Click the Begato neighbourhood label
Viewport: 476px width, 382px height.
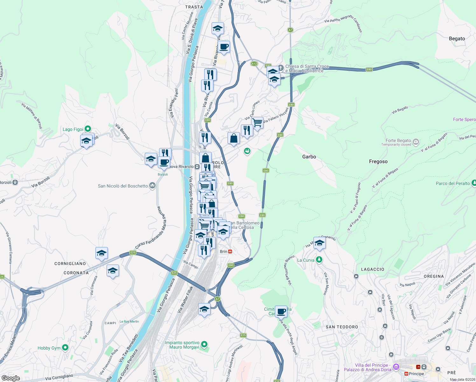pos(457,39)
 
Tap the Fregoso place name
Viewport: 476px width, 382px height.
pos(378,161)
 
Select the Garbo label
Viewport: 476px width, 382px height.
pos(309,157)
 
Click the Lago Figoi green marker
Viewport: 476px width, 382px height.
pos(88,129)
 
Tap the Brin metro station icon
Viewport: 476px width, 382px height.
pos(230,251)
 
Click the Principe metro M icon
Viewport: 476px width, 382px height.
pos(406,374)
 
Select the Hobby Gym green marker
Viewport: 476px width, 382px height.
pos(65,348)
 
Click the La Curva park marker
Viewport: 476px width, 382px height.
pos(319,260)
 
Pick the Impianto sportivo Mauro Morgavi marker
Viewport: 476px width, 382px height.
pos(204,344)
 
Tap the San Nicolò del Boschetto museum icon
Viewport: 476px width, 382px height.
pos(152,186)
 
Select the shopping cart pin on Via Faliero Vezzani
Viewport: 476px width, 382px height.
pos(257,122)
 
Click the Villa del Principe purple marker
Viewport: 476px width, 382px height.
pos(396,367)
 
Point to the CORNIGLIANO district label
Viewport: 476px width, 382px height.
pos(70,264)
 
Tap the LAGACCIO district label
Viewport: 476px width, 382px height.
pos(372,269)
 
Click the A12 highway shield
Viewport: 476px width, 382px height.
pos(254,64)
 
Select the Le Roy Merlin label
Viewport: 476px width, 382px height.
pos(129,322)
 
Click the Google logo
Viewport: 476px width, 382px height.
pos(10,378)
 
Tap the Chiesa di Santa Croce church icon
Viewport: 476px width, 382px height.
pos(281,68)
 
